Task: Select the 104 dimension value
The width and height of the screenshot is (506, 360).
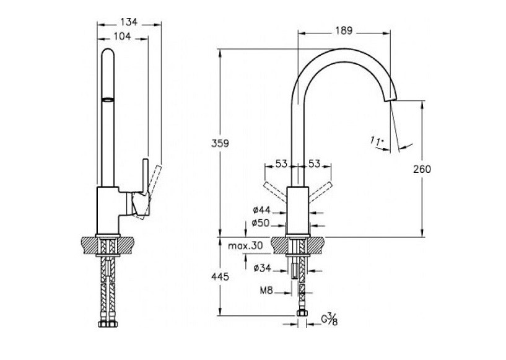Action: click(x=123, y=37)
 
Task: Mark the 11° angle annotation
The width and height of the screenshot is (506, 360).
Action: click(x=377, y=143)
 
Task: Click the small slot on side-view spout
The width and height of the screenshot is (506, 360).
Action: click(x=108, y=99)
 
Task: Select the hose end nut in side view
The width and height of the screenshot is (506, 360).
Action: click(x=108, y=323)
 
